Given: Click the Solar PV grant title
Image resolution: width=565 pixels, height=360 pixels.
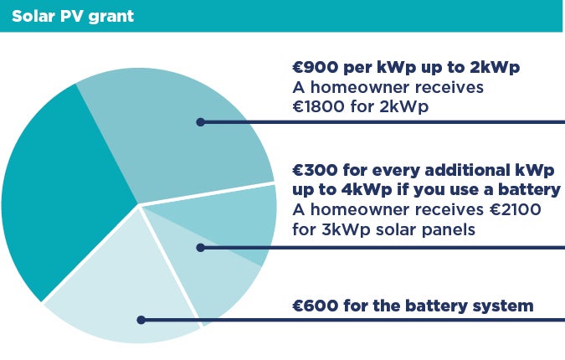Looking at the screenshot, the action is point(73,17).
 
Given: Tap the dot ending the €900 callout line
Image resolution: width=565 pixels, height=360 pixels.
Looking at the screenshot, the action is point(201,122).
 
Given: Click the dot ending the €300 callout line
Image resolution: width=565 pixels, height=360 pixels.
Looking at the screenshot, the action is point(201,248).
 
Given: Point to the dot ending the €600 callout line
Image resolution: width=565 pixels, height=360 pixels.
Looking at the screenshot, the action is point(141,320).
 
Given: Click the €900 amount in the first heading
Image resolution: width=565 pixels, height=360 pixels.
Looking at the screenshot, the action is point(316,67).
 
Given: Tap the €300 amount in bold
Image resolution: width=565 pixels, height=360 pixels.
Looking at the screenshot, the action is point(316,170).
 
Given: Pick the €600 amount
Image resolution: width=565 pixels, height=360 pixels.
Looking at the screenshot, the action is point(316,306).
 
